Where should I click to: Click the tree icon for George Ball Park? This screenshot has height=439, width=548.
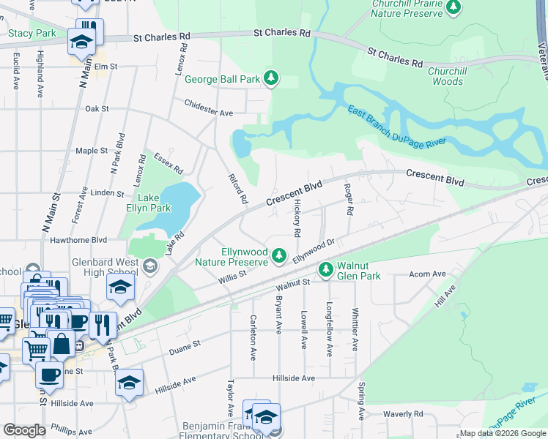coord(272,79)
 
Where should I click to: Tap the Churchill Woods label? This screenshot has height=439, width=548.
coord(447,77)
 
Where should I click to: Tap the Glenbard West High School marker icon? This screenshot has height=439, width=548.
coord(151,265)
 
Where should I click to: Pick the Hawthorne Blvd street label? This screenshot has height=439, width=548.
coord(80,239)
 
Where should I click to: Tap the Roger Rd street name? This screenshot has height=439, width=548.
coord(349,199)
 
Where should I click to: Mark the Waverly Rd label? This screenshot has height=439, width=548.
coord(403,413)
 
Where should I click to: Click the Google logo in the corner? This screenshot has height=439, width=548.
coord(24,430)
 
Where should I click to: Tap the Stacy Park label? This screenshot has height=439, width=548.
coord(32,33)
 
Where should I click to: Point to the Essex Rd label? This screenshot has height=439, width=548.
coord(169,162)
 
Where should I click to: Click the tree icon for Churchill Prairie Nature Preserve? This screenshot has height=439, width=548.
coord(453,7)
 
